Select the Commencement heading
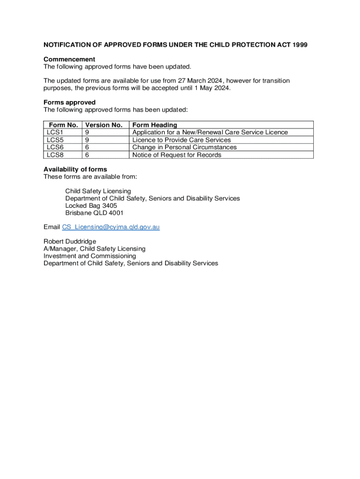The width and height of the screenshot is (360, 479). pos(69,59)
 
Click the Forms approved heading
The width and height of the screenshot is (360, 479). pos(70,102)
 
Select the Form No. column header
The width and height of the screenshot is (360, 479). pos(63,125)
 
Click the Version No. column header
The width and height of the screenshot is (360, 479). pos(104,125)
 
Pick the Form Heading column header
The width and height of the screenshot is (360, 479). pos(155,125)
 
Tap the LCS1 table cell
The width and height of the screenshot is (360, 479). pos(55,132)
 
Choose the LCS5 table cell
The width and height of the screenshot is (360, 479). pos(55,140)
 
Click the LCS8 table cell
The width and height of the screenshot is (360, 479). pos(55,155)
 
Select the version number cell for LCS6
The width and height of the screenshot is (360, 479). pos(87,147)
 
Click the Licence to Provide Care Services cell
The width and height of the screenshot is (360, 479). pos(181,140)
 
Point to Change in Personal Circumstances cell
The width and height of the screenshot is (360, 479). pos(184,147)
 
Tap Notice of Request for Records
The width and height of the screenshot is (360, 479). pos(177,155)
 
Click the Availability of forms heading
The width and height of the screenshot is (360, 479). pos(75,169)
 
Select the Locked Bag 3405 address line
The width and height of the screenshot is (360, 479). pos(91,205)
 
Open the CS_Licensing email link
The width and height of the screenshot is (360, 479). pos(111,227)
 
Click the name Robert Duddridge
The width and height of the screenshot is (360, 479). pos(70,241)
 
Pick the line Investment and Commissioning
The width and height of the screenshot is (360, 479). pos(90,256)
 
